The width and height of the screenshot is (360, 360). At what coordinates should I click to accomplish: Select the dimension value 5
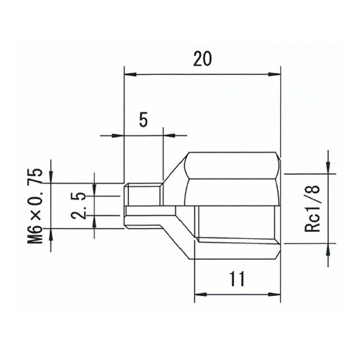143,120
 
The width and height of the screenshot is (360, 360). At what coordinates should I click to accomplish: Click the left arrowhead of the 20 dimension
130,73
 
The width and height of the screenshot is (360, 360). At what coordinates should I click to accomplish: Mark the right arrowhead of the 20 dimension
274,73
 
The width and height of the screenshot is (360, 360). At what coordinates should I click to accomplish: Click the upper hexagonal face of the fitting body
232,166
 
